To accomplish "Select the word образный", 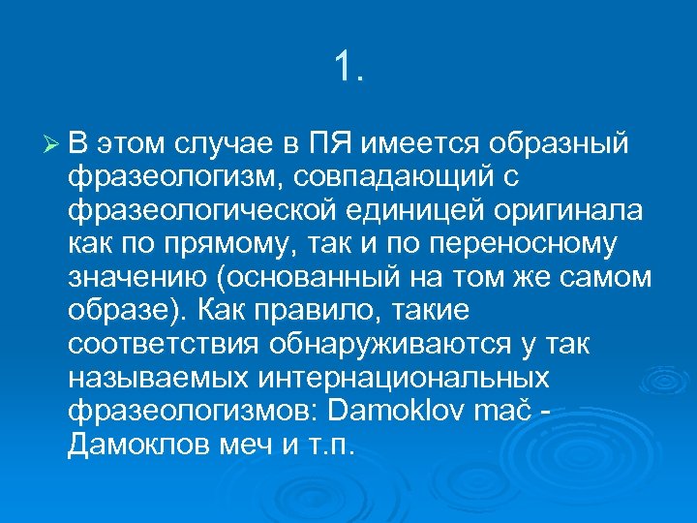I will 561,145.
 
